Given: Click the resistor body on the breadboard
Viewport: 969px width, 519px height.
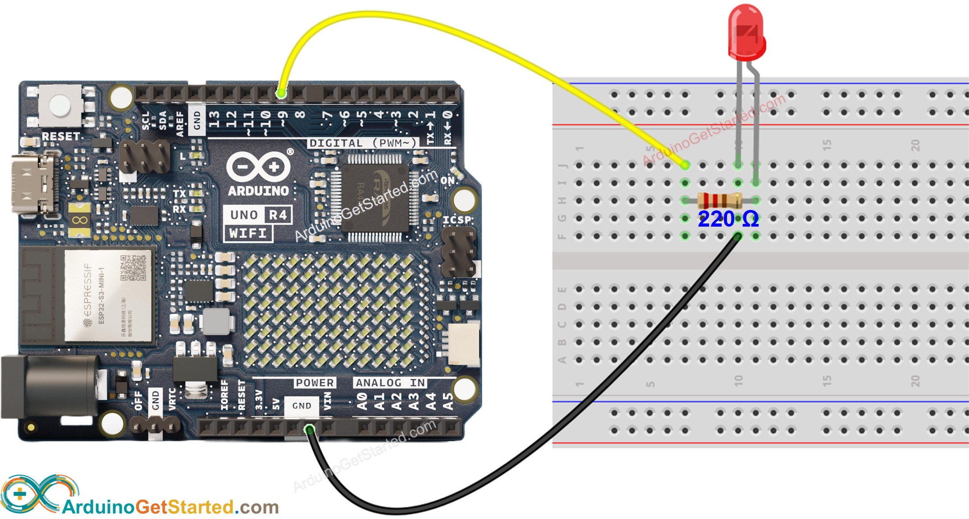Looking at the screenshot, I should point(719,200).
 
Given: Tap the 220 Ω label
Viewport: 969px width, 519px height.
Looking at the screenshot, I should point(728,219).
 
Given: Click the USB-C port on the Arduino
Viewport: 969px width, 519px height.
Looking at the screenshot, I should point(34,183).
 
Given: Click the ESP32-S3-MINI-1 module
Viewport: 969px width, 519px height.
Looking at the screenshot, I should point(108,295).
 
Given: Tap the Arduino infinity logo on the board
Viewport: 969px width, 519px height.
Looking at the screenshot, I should point(258,167).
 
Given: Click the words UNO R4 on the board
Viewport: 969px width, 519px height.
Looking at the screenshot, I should point(258,215).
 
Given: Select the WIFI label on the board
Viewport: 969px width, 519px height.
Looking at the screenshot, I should point(248,233).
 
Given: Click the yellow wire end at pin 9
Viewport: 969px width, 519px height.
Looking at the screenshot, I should point(281,94).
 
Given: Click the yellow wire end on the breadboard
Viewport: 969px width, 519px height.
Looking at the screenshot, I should point(685,165).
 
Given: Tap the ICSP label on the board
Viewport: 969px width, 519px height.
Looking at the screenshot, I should point(457,220).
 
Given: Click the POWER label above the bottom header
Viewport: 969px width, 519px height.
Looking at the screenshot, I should point(315,382).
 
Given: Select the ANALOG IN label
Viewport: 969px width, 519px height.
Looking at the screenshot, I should point(390,382).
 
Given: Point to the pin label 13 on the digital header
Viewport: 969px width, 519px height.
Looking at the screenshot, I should point(214,120).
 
